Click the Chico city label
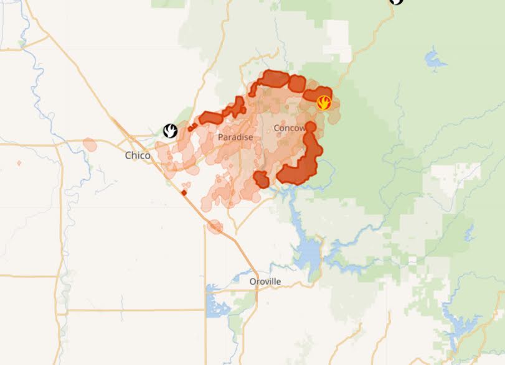click(x=138, y=155)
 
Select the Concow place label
click(x=290, y=128)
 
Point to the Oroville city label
click(x=265, y=282)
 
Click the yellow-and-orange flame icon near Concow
click(x=324, y=103)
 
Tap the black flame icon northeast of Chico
click(x=171, y=131)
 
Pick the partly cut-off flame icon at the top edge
click(x=396, y=2)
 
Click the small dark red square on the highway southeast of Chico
click(x=184, y=192)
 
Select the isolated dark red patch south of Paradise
click(x=261, y=180)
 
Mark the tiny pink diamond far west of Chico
click(x=19, y=163)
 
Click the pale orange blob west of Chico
click(x=90, y=145)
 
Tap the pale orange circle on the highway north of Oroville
click(x=215, y=226)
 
